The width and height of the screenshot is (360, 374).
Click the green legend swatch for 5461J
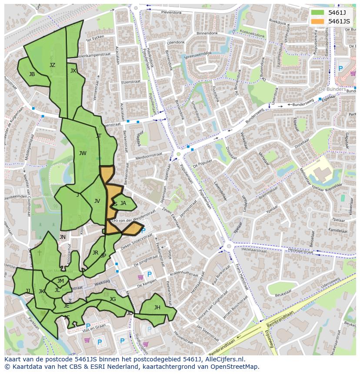click(317, 13)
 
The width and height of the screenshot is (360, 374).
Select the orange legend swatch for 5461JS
click(317, 21)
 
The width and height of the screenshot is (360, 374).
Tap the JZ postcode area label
click(52, 65)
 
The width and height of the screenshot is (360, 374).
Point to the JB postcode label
click(32, 74)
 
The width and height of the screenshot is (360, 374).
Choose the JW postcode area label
click(83, 153)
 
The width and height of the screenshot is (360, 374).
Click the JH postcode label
click(157, 308)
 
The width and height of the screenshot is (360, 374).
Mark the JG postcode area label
click(113, 299)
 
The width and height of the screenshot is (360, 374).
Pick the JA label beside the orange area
click(123, 203)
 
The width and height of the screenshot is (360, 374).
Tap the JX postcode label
click(73, 71)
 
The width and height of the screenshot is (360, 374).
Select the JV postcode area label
click(97, 201)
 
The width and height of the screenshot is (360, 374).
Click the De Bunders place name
click(333, 89)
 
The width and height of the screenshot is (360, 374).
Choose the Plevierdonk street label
click(171, 13)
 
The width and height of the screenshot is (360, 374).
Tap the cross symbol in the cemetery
click(39, 252)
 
